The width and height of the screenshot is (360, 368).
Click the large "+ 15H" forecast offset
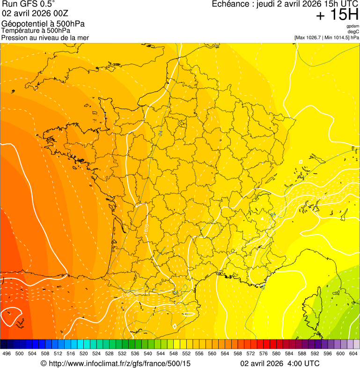pos(337,15)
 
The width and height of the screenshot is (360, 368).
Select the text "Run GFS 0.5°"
pos(28,4)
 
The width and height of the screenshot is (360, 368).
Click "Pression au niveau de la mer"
pos(45,37)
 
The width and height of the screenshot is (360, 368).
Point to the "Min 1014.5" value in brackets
pos(337,37)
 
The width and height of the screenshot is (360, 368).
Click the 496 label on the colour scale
pos(7,353)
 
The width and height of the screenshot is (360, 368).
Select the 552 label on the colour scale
pos(186,353)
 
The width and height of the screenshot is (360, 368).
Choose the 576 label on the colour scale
pos(264,353)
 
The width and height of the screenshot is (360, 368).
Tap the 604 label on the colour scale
pos(353,353)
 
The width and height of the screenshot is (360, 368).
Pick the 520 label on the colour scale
pos(84,353)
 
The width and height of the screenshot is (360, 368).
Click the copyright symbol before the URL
pos(44,363)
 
